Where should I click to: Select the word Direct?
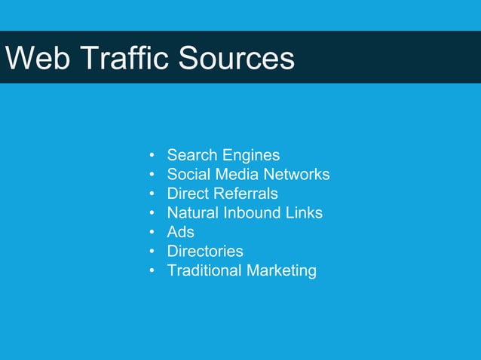point(188,194)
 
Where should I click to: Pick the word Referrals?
point(246,194)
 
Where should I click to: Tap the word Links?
point(305,213)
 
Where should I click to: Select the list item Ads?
point(181,232)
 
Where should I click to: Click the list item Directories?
point(205,252)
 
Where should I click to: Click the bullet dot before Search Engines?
point(152,156)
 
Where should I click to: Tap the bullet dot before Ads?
point(152,233)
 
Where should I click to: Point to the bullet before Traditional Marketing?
point(152,271)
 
